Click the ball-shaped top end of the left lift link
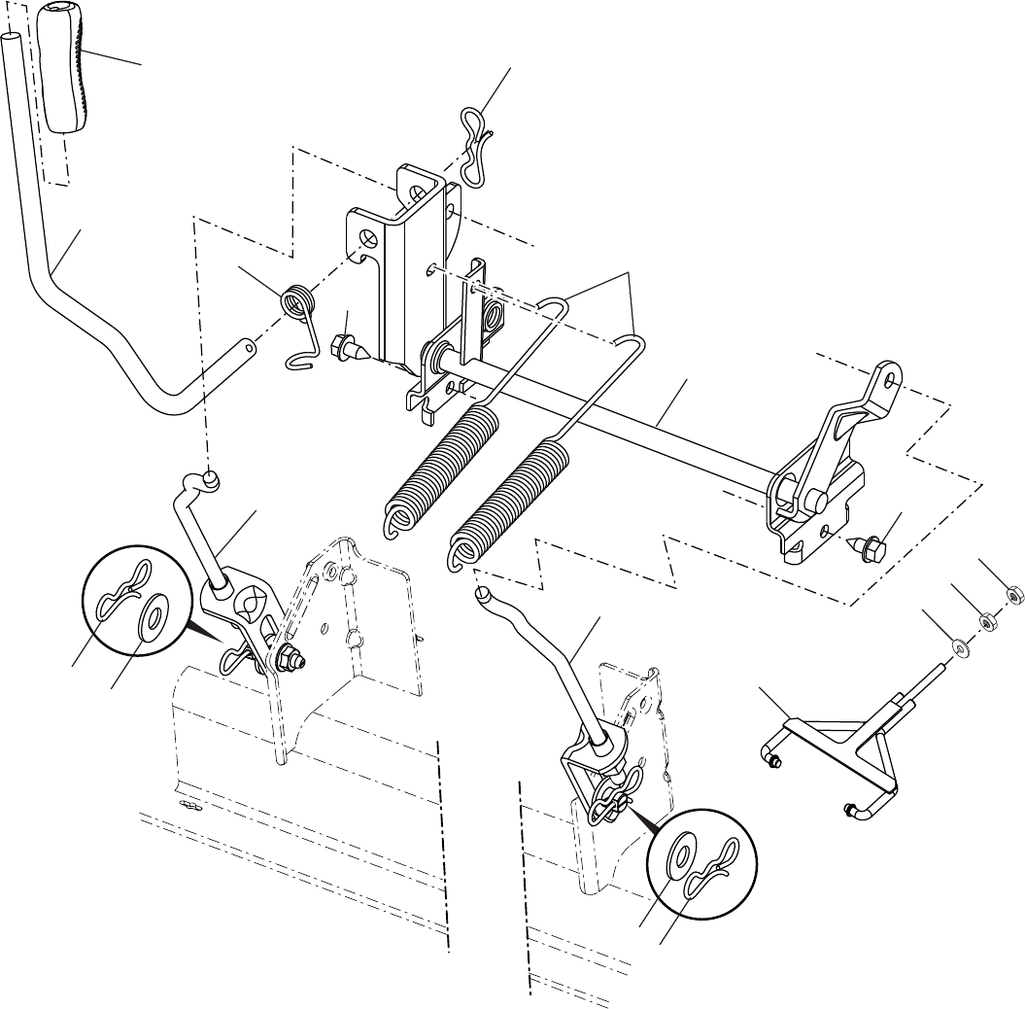(x=209, y=477)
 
